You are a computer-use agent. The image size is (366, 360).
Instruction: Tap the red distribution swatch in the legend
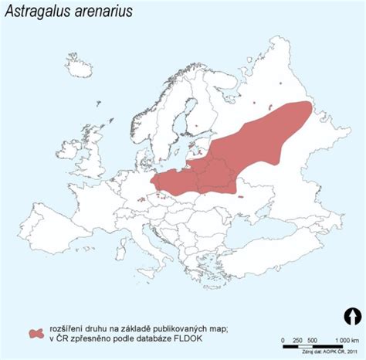(x=37, y=331)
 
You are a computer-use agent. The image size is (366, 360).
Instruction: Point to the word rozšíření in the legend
(x=70, y=326)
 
